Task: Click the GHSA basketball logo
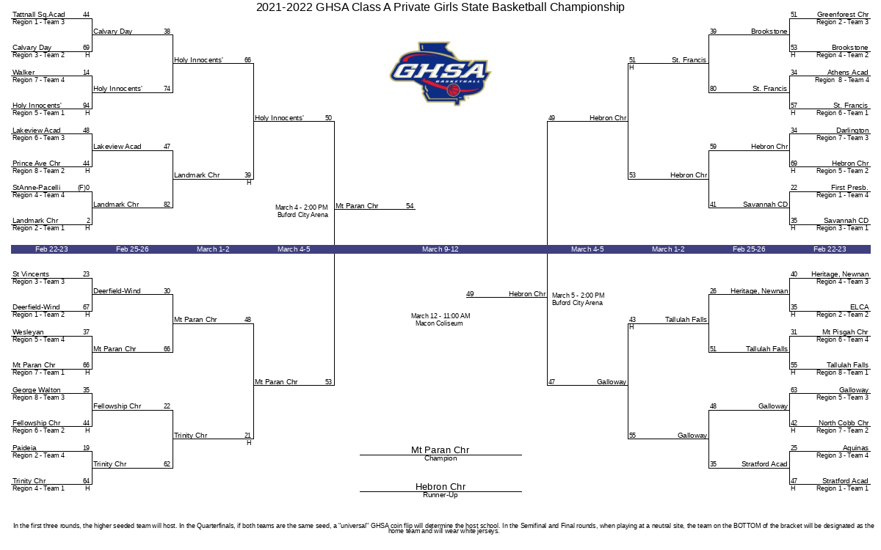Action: click(440, 73)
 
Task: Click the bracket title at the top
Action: click(440, 7)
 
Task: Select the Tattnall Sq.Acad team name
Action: click(39, 15)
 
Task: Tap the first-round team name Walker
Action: click(23, 73)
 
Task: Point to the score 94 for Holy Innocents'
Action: click(86, 106)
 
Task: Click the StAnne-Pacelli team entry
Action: click(37, 188)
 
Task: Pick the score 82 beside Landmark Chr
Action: click(167, 205)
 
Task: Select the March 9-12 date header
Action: click(440, 249)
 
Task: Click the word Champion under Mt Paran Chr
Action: click(440, 459)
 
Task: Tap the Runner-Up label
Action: click(440, 496)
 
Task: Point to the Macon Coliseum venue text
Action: click(439, 323)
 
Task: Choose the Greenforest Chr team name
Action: click(843, 15)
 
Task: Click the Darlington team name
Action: click(852, 131)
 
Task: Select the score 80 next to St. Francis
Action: click(713, 89)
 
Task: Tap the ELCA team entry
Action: click(860, 307)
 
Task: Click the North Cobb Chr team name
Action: click(844, 423)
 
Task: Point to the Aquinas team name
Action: click(855, 448)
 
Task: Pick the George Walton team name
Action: click(37, 390)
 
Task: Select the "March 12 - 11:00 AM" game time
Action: click(440, 316)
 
